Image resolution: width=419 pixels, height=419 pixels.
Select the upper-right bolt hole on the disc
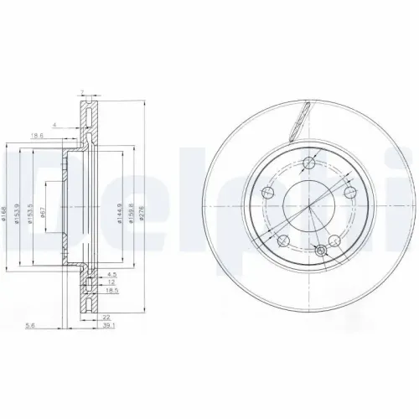[349, 194]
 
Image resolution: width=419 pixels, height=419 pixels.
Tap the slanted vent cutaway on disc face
[299, 121]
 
